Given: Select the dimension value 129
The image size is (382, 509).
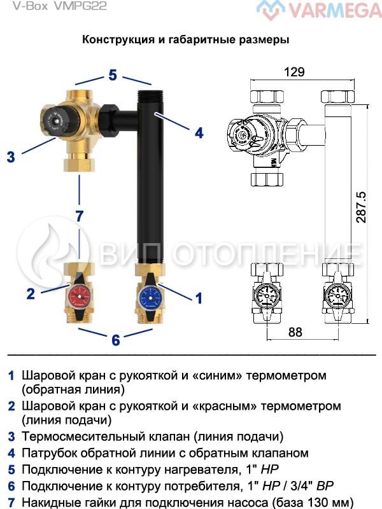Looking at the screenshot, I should [293, 72].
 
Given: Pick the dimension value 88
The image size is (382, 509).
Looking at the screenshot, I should [294, 331].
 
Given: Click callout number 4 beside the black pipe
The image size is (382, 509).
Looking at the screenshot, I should [199, 132].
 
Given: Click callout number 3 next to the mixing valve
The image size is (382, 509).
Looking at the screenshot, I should [11, 156].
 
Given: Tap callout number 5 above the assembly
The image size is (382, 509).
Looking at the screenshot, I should [113, 75].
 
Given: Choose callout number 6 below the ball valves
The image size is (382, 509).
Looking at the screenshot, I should [115, 340].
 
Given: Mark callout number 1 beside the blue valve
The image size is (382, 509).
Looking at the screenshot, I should [198, 297].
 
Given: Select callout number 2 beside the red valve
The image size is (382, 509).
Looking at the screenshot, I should [30, 294].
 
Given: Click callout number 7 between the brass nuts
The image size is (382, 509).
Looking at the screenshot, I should [79, 216].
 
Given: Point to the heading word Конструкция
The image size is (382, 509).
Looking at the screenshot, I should [118, 39].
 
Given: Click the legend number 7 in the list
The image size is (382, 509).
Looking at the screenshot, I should [11, 503].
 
